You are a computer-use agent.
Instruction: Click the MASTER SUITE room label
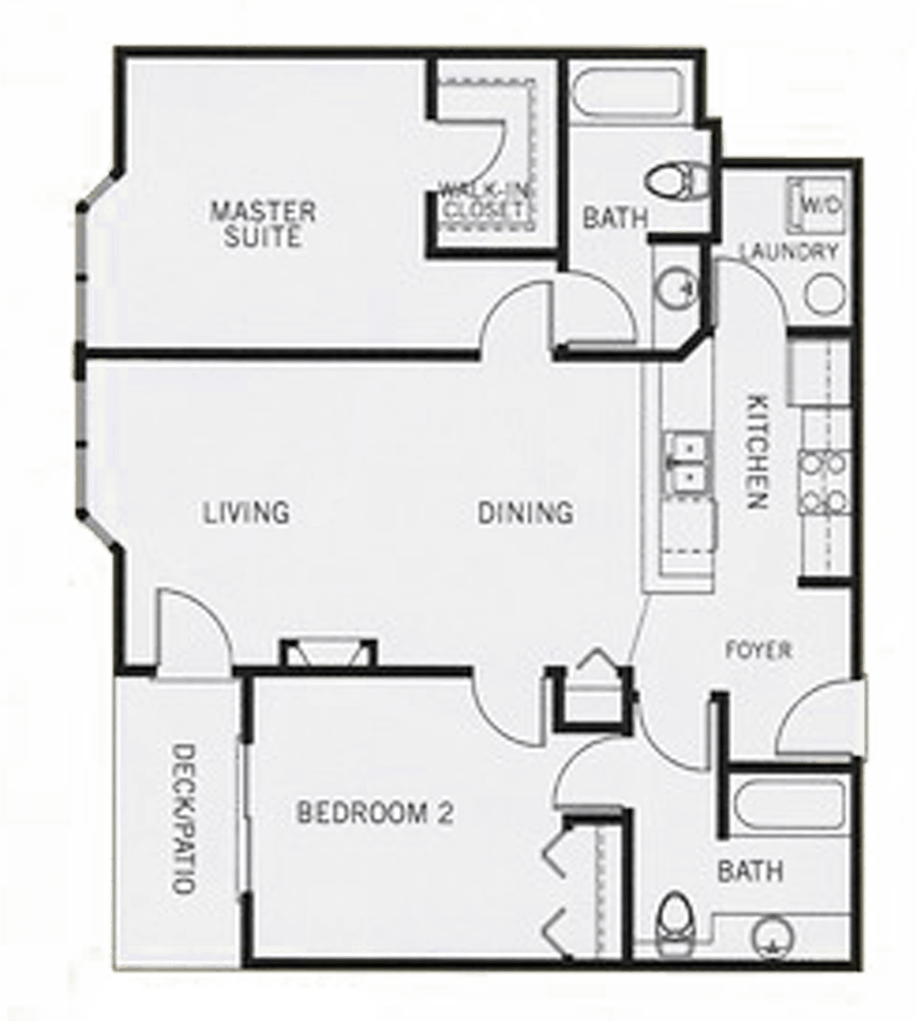262,224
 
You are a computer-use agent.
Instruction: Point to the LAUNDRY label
789,252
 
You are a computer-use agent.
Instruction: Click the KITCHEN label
757,451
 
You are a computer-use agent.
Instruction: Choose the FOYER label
758,651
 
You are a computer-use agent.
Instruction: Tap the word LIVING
246,511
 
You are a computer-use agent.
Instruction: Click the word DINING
525,511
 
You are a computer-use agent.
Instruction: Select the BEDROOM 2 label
375,812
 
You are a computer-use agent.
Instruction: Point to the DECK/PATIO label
183,818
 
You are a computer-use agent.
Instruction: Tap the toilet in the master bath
679,181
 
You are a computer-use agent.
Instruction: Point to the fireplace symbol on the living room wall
327,653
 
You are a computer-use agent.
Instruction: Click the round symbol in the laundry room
823,294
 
